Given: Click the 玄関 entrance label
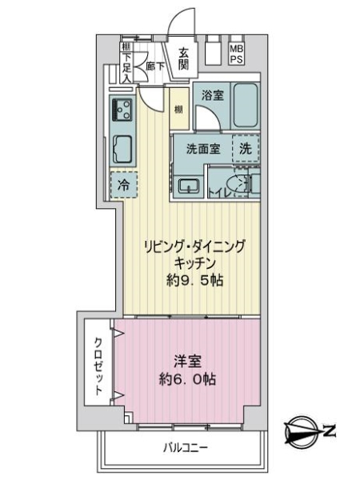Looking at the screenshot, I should (x=183, y=59).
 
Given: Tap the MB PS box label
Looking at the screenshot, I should (x=236, y=54).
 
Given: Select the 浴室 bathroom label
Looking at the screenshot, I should (x=212, y=94).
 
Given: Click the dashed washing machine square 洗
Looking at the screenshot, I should (x=246, y=148).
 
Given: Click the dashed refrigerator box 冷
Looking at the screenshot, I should (x=124, y=185).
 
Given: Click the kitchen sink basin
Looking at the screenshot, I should (x=124, y=149).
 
